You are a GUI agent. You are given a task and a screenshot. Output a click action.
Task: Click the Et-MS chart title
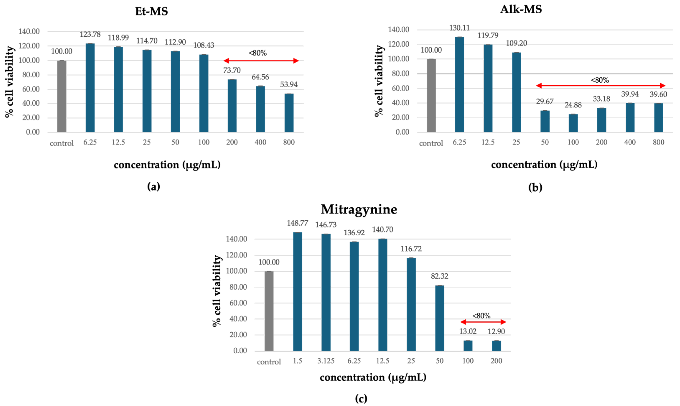[151, 11]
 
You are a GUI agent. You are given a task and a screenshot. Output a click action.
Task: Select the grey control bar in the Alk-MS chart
[431, 96]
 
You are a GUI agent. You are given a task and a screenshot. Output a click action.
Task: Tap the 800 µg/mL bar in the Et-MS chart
[289, 113]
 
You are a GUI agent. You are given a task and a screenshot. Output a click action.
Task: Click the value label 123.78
[90, 34]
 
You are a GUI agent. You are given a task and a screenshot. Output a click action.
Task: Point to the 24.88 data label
[573, 105]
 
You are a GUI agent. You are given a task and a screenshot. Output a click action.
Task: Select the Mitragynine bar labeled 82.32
[440, 318]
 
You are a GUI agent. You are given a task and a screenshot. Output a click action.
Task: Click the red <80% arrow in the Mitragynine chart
[483, 322]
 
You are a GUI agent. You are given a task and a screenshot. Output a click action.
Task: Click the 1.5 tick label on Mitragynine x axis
[297, 361]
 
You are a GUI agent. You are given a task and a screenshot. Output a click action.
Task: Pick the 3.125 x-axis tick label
[326, 361]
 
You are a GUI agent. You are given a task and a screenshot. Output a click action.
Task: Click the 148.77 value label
[297, 223]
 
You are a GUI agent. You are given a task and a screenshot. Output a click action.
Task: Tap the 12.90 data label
[496, 332]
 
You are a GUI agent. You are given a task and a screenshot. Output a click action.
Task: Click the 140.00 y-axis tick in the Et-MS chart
[29, 31]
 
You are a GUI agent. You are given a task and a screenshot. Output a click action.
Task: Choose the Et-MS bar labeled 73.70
[232, 106]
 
